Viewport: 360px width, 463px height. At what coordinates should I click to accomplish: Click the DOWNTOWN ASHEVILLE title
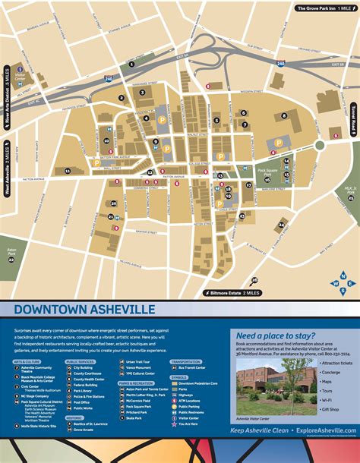[84, 309]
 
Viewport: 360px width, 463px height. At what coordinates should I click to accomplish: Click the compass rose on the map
[339, 283]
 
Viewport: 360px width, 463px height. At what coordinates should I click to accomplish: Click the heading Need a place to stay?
[273, 334]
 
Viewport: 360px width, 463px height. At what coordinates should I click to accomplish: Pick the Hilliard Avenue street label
[107, 262]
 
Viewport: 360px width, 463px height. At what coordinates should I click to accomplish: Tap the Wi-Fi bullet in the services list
[329, 399]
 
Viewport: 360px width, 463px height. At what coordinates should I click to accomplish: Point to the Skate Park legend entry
[135, 417]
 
